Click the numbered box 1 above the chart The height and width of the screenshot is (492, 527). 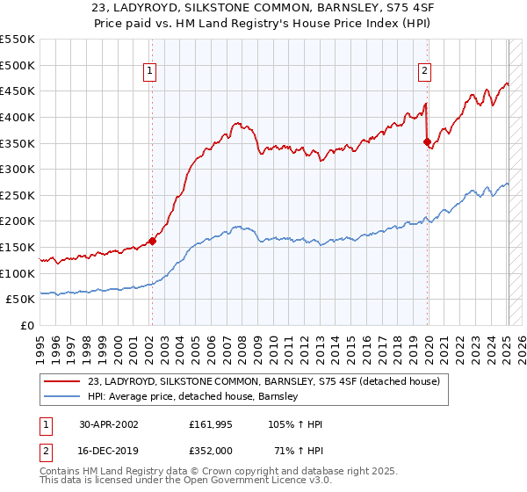click(151, 72)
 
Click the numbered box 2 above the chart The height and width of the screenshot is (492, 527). click(425, 72)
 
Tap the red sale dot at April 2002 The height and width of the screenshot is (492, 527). click(152, 240)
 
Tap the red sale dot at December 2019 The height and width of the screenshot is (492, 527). click(428, 141)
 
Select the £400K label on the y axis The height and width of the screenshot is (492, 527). click(18, 117)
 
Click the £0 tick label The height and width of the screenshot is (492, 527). click(26, 325)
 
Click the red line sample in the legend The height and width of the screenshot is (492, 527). click(62, 380)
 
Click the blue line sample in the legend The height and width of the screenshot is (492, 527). click(62, 396)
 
